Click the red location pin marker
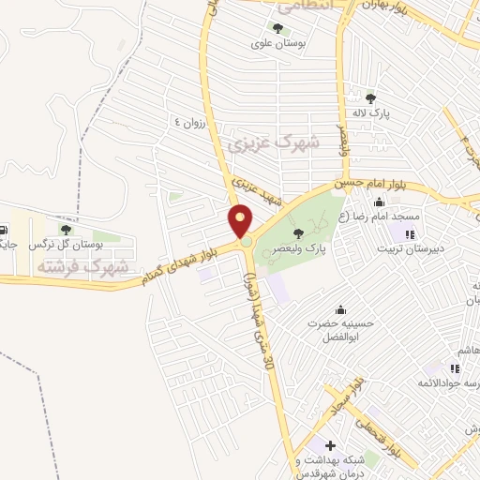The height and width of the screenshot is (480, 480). (x=241, y=221)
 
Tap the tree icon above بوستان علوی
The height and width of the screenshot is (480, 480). (x=277, y=27)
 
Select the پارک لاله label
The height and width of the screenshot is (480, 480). (x=369, y=113)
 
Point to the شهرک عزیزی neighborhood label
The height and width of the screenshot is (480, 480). (x=273, y=144)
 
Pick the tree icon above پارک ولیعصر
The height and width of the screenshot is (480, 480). (x=298, y=232)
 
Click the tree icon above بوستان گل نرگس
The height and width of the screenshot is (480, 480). (x=66, y=229)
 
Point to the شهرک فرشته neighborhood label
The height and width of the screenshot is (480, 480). (x=82, y=267)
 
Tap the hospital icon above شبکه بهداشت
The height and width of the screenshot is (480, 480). (x=330, y=443)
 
